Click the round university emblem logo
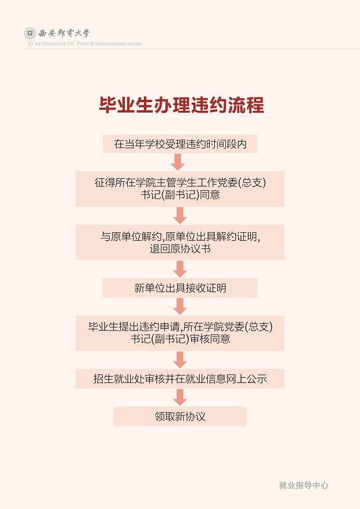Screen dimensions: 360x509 pos(30,33)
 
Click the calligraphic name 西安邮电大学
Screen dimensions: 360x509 pos(64,33)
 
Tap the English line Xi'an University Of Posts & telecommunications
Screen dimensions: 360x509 pos(84,43)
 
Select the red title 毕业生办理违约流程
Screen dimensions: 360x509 pos(182,105)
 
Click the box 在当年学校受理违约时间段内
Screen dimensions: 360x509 pos(180,144)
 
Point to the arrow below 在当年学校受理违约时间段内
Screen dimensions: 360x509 pos(178,162)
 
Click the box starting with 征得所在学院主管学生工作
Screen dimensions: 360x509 pos(180,189)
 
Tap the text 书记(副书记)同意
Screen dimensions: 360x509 pos(181,195)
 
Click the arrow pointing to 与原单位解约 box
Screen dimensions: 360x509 pos(180,215)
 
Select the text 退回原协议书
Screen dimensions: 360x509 pos(180,248)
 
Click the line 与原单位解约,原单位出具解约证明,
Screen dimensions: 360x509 pos(181,236)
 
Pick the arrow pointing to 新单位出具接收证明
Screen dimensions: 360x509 pos(180,269)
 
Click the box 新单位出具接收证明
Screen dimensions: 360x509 pos(180,288)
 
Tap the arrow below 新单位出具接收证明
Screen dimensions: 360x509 pos(180,306)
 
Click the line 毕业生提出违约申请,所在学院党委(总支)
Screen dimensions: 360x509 pos(181,327)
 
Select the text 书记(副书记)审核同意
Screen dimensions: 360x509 pos(181,339)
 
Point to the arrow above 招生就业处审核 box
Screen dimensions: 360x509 pos(180,360)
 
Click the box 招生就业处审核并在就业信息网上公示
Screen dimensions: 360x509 pos(180,378)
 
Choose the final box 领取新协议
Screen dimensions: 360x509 pos(180,416)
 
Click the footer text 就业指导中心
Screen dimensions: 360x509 pos(304,485)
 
